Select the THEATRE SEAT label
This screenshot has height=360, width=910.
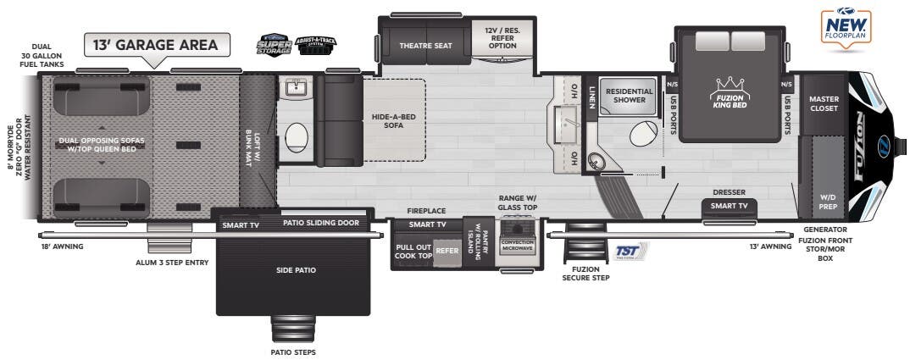(425, 45)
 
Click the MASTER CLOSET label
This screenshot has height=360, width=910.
(824, 103)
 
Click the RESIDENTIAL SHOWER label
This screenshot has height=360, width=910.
(630, 96)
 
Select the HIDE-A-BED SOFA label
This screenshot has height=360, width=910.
(393, 120)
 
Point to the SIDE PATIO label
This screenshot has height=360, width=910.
(296, 270)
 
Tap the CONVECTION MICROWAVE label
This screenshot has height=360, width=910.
(517, 246)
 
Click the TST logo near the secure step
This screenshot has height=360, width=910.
(628, 251)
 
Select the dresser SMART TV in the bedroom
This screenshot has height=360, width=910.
(729, 206)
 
